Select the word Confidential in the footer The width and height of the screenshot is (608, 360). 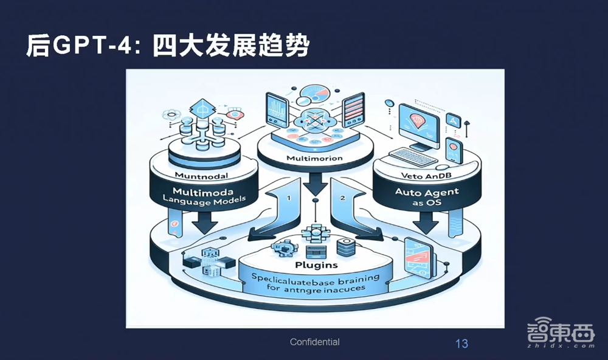315,342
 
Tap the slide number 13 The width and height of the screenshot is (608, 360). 461,344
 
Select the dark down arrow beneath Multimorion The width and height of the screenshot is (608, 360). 315,184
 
